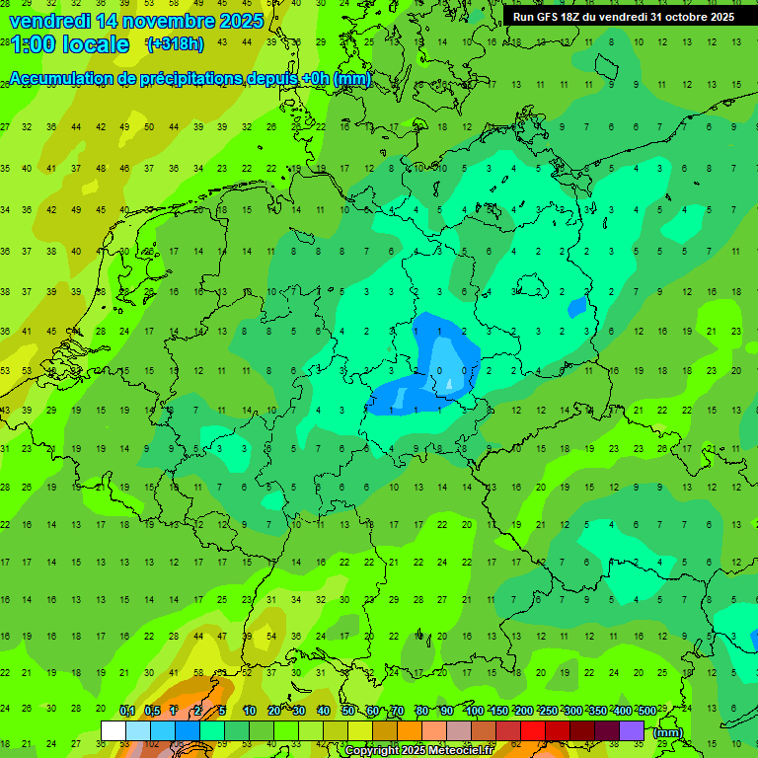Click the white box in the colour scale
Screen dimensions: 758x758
(114, 730)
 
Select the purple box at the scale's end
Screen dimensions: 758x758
(632, 730)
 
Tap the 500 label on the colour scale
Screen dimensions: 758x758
(647, 712)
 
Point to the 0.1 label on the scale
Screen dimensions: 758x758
(127, 712)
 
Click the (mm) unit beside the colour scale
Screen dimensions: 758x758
(668, 732)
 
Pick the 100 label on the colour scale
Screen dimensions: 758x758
(475, 712)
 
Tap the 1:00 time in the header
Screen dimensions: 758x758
(32, 44)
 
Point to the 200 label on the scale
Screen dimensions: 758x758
(524, 712)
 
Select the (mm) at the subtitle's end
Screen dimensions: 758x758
(352, 79)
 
